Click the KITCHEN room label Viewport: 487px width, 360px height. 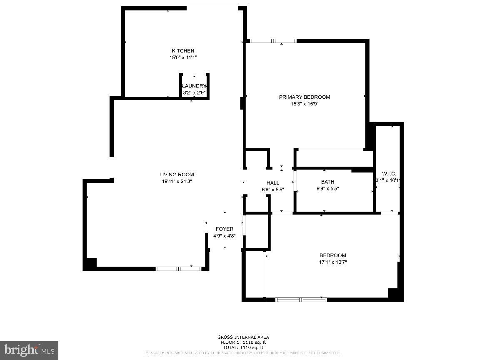pyautogui.click(x=183, y=51)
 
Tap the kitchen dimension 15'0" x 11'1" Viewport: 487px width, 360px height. pyautogui.click(x=183, y=57)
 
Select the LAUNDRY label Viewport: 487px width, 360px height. pyautogui.click(x=194, y=86)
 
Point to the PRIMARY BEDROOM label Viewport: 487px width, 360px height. pyautogui.click(x=305, y=97)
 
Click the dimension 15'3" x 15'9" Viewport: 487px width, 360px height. pyautogui.click(x=305, y=104)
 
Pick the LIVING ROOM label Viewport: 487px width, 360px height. pyautogui.click(x=177, y=175)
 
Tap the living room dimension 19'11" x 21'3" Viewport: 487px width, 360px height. pyautogui.click(x=177, y=181)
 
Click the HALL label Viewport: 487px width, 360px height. pyautogui.click(x=273, y=183)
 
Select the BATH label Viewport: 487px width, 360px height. pyautogui.click(x=327, y=182)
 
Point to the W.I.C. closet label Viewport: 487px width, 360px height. pyautogui.click(x=389, y=174)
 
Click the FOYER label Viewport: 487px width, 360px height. pyautogui.click(x=224, y=229)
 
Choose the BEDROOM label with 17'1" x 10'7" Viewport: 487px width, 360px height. pyautogui.click(x=333, y=255)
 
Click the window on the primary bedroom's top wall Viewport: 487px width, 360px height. pyautogui.click(x=273, y=41)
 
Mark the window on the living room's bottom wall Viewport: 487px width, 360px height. pyautogui.click(x=178, y=269)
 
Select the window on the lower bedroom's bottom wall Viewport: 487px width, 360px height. pyautogui.click(x=301, y=299)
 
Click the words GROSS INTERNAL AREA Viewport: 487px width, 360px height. pyautogui.click(x=243, y=337)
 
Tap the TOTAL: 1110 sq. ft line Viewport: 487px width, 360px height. pyautogui.click(x=243, y=347)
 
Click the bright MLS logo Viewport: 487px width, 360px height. pyautogui.click(x=29, y=350)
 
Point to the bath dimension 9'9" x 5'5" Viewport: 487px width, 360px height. pyautogui.click(x=327, y=188)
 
